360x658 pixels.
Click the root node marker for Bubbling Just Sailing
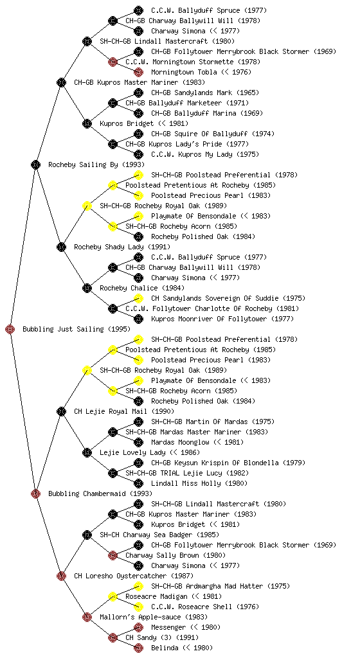[x=10, y=329]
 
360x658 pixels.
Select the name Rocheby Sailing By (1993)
[x=96, y=164]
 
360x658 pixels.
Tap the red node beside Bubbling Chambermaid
[x=35, y=493]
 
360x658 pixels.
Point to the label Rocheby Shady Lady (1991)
[x=122, y=247]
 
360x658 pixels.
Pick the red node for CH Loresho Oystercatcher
[x=61, y=576]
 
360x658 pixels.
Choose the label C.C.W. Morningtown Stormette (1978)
[x=193, y=62]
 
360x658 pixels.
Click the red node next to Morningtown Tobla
[x=138, y=72]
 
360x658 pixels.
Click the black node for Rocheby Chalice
[x=87, y=288]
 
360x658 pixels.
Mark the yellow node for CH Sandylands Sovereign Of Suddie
[x=138, y=298]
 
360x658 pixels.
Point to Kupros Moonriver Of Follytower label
[x=208, y=319]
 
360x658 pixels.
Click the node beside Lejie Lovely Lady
[x=87, y=452]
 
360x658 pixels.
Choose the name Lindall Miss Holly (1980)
[x=199, y=483]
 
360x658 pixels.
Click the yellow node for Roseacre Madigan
[x=113, y=596]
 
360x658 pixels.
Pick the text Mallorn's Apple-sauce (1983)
[x=154, y=617]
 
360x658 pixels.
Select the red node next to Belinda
[x=138, y=648]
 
